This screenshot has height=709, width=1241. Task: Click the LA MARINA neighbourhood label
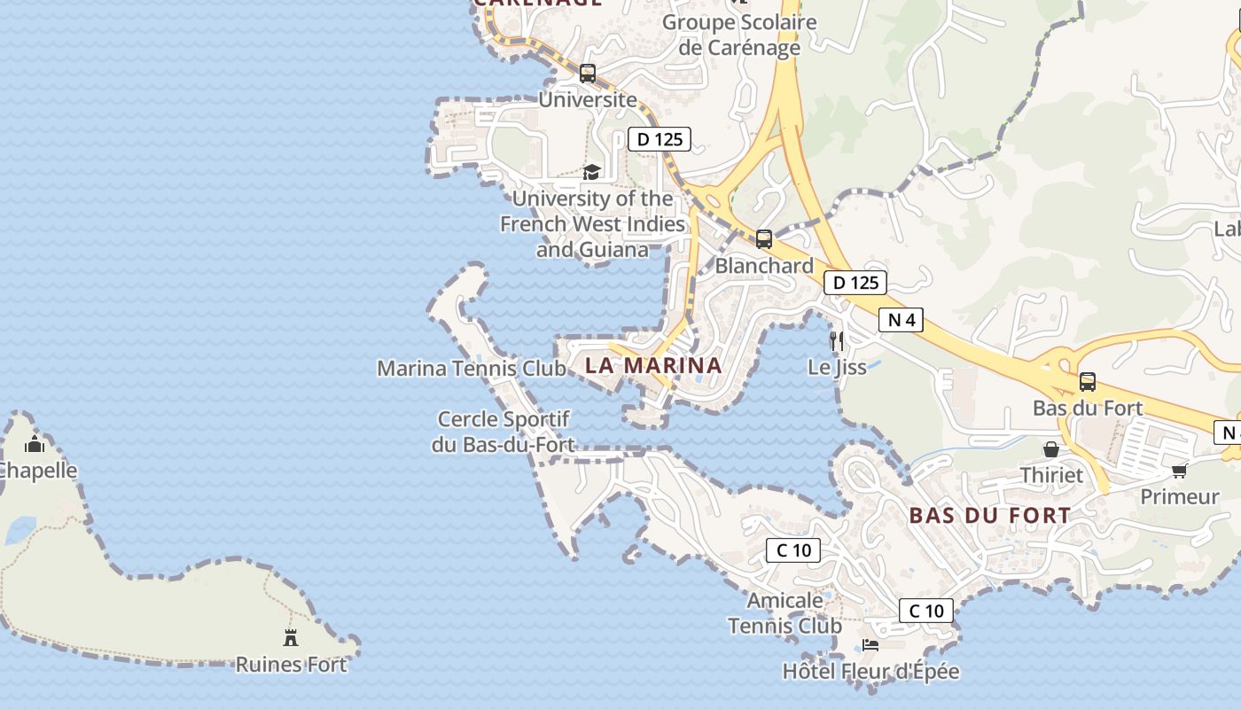653,365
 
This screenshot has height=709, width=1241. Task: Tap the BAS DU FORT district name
990,515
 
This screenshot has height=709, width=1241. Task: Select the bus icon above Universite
588,74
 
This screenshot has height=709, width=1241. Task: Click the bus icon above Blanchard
764,238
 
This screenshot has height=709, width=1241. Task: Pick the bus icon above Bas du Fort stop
1088,382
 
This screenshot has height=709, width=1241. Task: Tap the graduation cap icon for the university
591,172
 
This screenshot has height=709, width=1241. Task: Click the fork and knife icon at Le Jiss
837,339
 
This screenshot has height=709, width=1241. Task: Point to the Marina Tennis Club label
472,368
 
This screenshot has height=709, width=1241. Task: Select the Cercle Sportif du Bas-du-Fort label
503,432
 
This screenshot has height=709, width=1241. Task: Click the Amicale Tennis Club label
784,613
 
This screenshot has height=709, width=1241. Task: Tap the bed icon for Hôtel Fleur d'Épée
870,645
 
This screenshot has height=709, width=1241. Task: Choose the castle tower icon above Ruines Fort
291,636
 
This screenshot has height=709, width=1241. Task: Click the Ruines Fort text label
291,664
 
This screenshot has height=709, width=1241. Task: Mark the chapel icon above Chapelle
35,444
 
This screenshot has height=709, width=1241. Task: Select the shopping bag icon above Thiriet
1051,450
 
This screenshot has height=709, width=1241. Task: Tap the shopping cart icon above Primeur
1179,471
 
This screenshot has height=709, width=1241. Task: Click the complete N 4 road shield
901,320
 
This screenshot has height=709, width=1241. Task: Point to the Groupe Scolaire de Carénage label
739,35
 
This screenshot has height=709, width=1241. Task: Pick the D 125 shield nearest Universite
660,139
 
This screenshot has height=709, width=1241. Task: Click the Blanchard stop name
764,266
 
